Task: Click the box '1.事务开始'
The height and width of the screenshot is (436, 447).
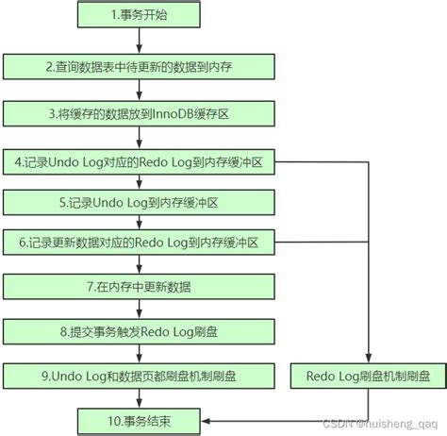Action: [139, 15]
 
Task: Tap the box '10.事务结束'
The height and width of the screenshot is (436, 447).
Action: [139, 418]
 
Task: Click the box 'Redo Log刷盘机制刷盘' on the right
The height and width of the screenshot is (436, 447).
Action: [368, 376]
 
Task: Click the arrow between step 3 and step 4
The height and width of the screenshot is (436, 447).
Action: [139, 138]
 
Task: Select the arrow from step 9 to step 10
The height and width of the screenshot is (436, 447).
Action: [139, 397]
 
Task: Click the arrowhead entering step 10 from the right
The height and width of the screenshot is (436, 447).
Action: [207, 418]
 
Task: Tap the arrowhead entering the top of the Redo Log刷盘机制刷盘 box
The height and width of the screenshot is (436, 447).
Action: [368, 358]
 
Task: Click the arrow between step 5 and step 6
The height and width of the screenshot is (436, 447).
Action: [139, 222]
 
